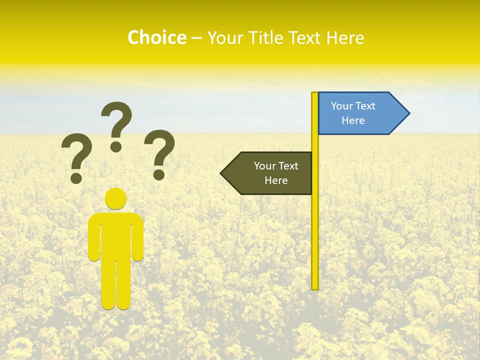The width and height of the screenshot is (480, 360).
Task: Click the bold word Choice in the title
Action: pos(156,37)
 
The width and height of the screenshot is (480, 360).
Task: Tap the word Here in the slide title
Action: pos(345,37)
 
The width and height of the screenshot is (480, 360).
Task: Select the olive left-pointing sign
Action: pos(270,173)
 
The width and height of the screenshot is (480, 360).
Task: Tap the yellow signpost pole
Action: pos(315,225)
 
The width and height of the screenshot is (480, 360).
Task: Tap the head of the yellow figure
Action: pos(115,198)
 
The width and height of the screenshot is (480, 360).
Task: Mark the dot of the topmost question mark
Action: pos(116,146)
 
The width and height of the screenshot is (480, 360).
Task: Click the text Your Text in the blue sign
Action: pos(353,106)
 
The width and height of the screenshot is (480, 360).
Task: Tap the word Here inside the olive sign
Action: pos(276,180)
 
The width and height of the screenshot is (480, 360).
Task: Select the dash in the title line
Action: pos(197,38)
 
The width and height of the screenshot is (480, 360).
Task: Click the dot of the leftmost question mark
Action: pos(76,177)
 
